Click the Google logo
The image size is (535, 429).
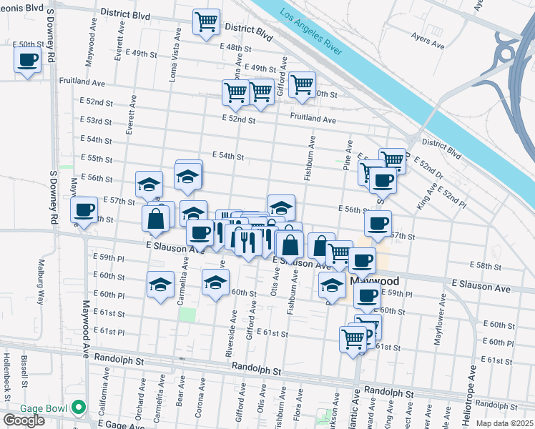24,420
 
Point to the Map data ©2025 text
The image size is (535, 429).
504,423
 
